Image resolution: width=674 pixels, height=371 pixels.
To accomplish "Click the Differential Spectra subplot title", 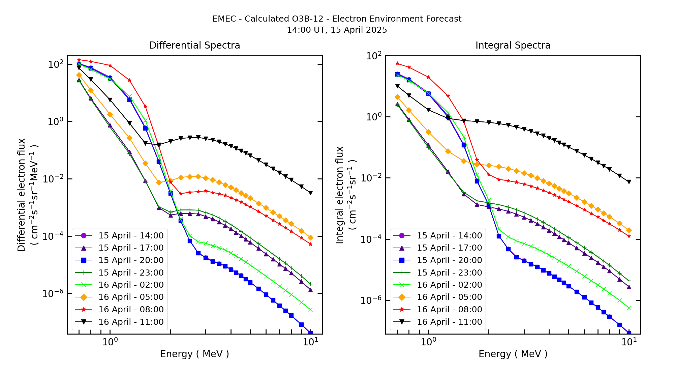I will click(x=194, y=45).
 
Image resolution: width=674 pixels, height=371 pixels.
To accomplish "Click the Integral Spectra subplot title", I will click(x=513, y=45).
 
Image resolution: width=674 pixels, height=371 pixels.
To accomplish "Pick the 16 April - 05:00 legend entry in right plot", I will click(x=449, y=297).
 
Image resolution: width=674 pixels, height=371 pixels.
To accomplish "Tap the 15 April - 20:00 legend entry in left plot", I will click(x=131, y=260).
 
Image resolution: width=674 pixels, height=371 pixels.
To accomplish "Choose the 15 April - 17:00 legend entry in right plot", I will click(x=449, y=248).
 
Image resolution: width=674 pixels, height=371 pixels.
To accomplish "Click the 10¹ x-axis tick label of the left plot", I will click(x=310, y=342).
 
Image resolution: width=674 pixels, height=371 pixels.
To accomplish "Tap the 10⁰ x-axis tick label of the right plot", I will click(x=428, y=342).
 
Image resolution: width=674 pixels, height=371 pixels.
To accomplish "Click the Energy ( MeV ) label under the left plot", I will click(x=194, y=354).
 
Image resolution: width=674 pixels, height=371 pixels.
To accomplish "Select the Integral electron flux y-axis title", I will click(x=340, y=195).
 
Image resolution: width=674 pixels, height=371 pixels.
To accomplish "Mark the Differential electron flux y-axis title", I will click(x=22, y=195).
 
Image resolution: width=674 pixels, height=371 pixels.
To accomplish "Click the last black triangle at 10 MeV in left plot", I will click(x=310, y=193).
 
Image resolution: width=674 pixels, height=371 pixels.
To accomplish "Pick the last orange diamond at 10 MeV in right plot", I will click(x=629, y=230).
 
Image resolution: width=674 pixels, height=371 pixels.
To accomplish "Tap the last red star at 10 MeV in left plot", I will click(x=310, y=244).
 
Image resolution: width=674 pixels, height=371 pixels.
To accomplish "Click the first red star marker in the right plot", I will click(x=397, y=63).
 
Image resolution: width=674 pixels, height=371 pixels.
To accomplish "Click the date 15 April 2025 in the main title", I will click(x=359, y=30).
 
